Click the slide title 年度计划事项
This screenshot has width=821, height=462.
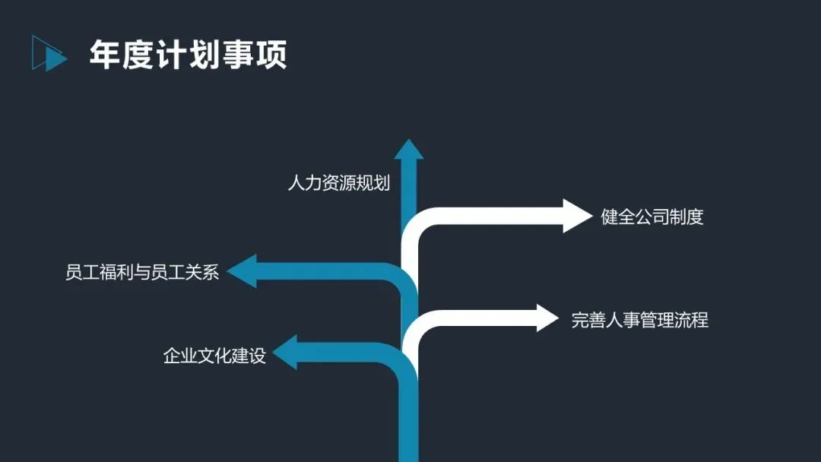point(188,55)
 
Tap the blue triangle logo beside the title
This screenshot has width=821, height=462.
point(49,53)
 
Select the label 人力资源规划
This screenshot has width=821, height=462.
point(338,183)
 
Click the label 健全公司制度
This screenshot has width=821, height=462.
point(652,217)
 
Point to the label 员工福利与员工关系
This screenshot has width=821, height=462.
point(142,272)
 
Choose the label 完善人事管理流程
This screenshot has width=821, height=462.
point(639,320)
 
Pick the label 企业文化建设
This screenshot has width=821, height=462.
point(214,356)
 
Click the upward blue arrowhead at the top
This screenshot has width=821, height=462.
point(409,150)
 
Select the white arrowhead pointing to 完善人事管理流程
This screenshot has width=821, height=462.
point(547,318)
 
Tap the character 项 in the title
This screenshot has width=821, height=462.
point(271,55)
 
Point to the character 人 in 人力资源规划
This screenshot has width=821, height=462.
point(296,183)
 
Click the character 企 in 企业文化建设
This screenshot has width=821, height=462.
point(172,356)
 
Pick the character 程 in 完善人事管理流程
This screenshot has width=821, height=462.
point(699,320)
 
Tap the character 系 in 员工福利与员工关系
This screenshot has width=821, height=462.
point(210,272)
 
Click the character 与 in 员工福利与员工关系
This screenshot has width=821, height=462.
point(142,272)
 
